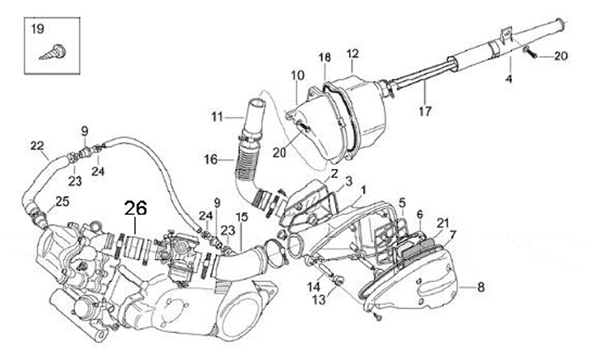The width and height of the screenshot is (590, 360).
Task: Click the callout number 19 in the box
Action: [38, 30]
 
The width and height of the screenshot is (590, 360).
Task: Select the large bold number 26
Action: [136, 210]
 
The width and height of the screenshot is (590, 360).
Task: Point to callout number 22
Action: [37, 146]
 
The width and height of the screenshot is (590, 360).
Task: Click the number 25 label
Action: [61, 202]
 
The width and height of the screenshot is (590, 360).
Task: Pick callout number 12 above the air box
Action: [353, 54]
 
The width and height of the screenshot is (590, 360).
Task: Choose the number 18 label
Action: [324, 57]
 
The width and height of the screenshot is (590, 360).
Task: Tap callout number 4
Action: [508, 79]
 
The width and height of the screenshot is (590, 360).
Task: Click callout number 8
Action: [481, 287]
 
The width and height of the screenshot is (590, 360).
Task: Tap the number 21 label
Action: [442, 223]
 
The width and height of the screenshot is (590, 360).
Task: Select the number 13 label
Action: [319, 300]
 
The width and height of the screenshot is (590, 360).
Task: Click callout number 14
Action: [314, 286]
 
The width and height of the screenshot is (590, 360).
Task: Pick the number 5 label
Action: [402, 203]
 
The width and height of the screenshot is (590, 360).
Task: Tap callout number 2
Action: [334, 174]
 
